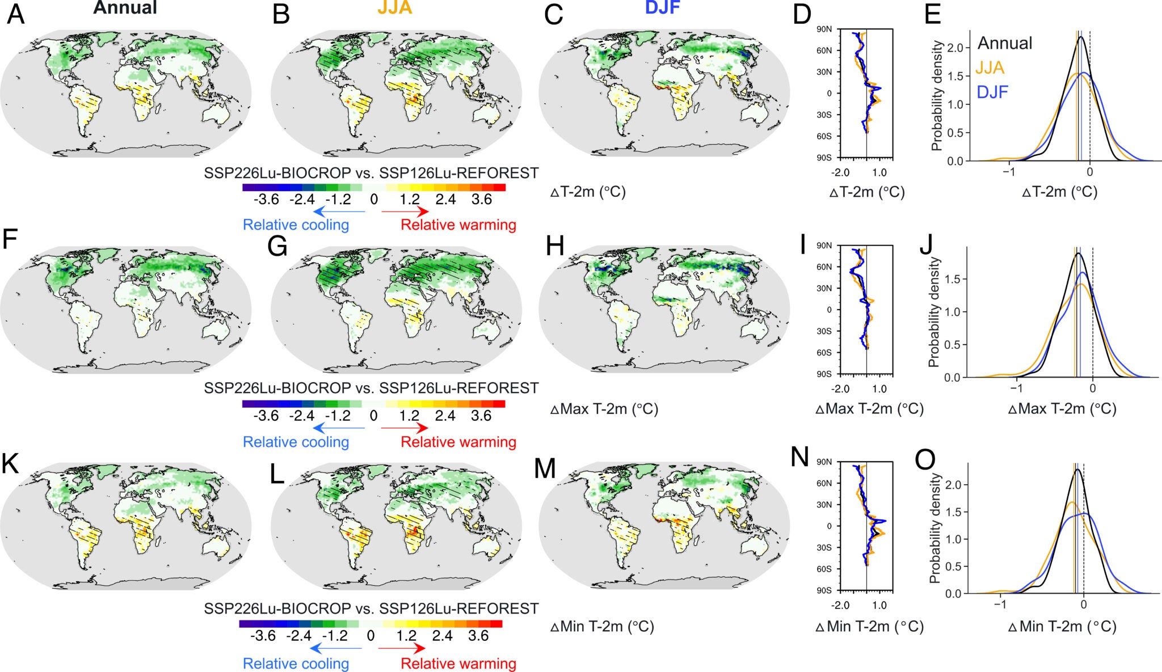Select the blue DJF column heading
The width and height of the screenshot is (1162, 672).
tap(662, 7)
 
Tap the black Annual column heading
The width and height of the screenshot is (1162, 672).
tap(125, 7)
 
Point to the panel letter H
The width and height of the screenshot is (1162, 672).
tap(554, 247)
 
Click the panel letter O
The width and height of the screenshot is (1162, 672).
tap(925, 460)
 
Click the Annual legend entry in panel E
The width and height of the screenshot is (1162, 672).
tap(1004, 43)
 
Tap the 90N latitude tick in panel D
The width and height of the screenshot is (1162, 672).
tap(823, 29)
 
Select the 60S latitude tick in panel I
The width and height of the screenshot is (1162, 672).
tap(823, 353)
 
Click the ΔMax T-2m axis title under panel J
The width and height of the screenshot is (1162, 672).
tap(1062, 408)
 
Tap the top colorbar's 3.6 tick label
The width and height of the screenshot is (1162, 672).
tap(481, 200)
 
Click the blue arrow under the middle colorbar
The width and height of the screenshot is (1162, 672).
tap(339, 428)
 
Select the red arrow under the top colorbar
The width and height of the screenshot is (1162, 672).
tap(405, 212)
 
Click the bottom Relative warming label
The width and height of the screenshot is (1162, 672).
tap(458, 663)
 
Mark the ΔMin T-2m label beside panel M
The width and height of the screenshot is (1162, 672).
tap(602, 627)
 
